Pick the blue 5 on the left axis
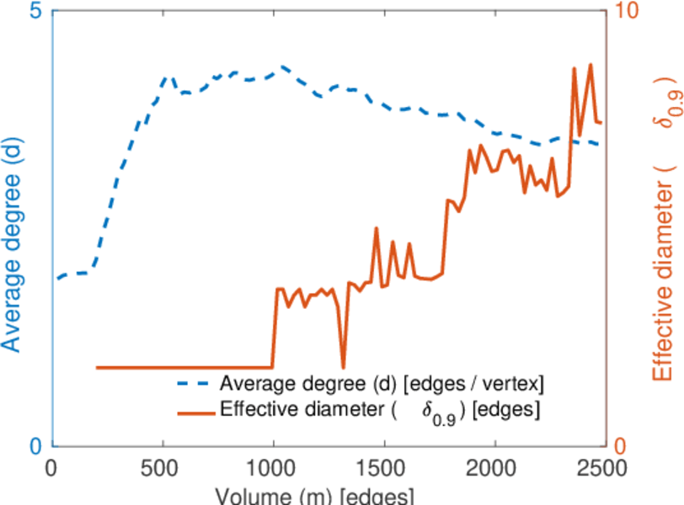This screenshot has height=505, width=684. [x=36, y=13]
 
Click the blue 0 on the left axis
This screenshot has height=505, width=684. [x=36, y=445]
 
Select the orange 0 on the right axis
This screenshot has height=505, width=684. [x=621, y=445]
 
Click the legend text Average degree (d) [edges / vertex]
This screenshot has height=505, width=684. [x=382, y=384]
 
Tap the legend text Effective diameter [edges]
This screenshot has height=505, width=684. [x=380, y=411]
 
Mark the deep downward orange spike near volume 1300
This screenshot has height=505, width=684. [x=343, y=367]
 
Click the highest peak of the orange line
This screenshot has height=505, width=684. [x=590, y=64]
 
